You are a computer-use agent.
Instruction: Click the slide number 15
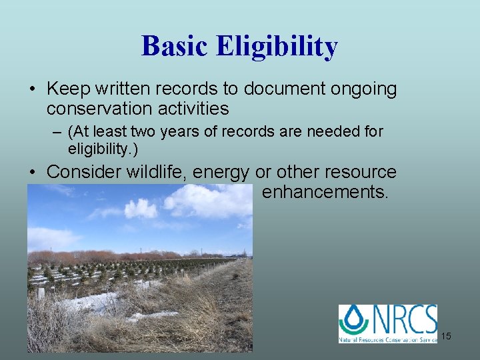pos(445,336)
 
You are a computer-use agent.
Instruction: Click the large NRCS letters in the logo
pos(403,319)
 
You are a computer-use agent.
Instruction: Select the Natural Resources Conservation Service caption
pos(388,339)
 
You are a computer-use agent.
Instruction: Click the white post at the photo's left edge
pos(41,294)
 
